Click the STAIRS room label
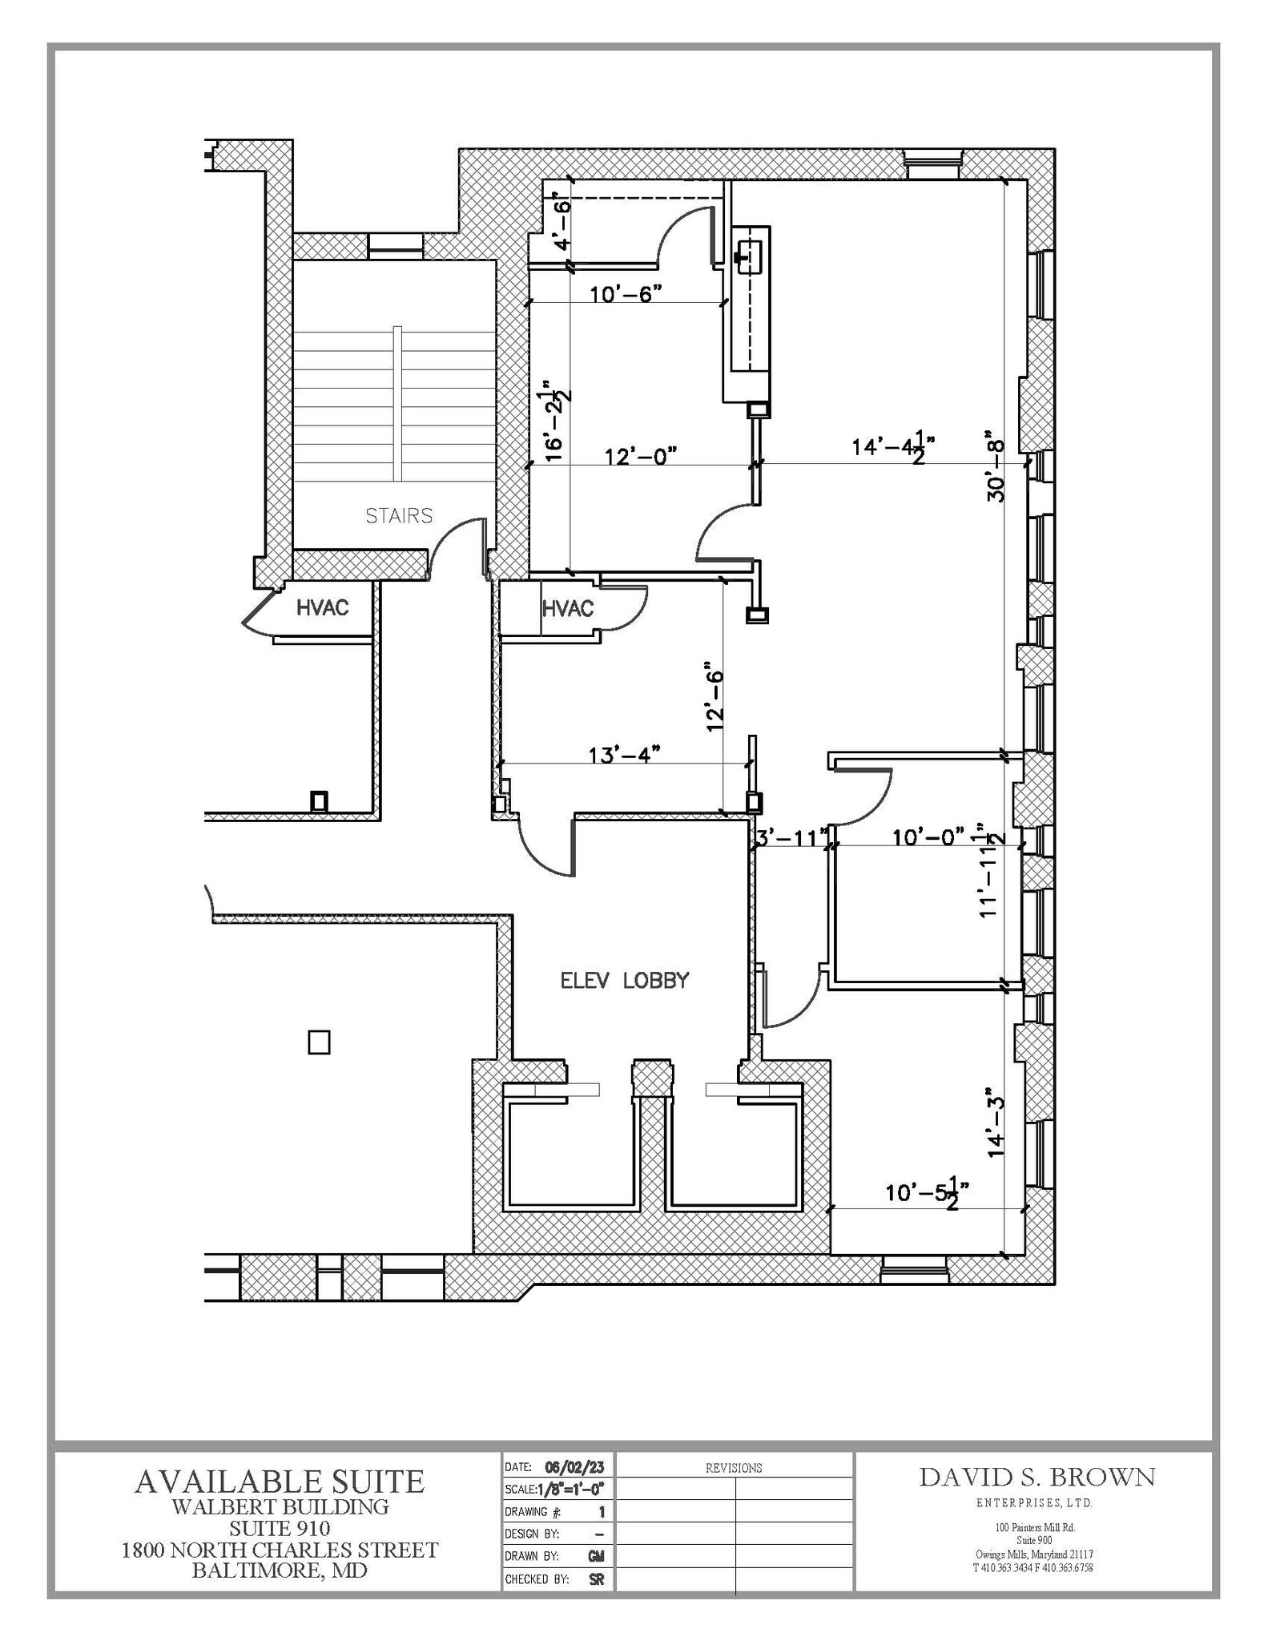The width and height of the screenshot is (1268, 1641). pos(399,515)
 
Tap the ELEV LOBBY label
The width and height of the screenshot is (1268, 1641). pos(624,980)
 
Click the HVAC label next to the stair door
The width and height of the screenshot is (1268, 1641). pos(323,607)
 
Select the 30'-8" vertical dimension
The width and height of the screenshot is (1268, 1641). pos(996,466)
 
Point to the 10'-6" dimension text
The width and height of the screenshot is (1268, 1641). pos(626,294)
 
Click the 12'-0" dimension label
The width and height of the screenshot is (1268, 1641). pos(640,456)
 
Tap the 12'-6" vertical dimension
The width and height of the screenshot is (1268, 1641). pos(715,696)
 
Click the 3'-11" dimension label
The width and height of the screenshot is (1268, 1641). pos(791,838)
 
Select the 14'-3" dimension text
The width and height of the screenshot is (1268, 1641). pos(996,1122)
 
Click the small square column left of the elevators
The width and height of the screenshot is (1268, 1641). pos(319,1042)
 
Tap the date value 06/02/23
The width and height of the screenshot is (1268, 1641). pos(574,1467)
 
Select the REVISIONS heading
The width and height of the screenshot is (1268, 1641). pos(733,1468)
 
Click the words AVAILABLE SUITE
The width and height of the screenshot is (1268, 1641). pos(279,1481)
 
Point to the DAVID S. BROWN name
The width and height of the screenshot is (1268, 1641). pos(1037,1477)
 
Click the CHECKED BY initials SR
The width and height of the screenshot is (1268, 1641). pos(596,1579)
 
